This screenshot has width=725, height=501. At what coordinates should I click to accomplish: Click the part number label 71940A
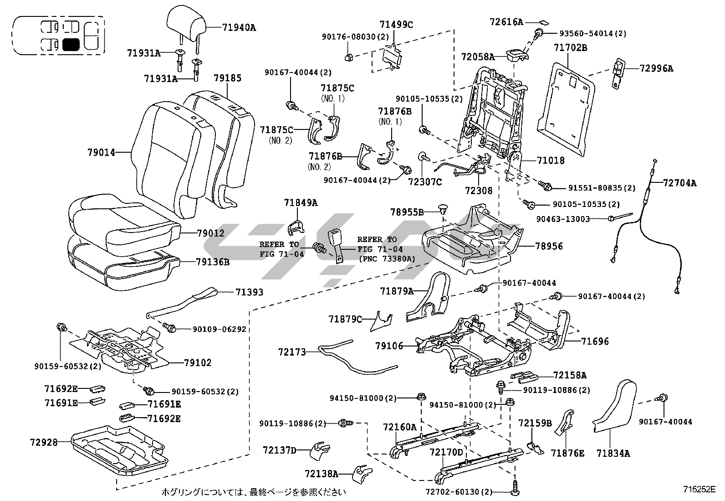point(239,27)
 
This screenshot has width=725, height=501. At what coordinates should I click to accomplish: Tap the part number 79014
point(101,152)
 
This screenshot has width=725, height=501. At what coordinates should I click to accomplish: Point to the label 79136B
point(213,262)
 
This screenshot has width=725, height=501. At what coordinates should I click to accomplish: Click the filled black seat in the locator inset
point(71,44)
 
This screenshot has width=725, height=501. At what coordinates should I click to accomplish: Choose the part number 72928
point(44,442)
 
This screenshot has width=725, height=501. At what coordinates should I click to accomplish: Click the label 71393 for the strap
point(249,292)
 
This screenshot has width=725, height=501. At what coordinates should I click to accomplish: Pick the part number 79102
point(198,363)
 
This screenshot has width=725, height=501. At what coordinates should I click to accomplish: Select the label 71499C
point(396,25)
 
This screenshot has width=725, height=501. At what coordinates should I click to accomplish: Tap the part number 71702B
point(570,47)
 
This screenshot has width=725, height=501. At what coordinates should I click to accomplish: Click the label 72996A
point(656,68)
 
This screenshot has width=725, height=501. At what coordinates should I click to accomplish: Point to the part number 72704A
point(679,183)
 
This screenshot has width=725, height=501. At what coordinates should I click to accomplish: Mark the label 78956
point(549,246)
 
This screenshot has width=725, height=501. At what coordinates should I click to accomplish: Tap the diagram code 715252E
point(699,489)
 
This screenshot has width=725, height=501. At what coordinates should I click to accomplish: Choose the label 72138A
point(322,474)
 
